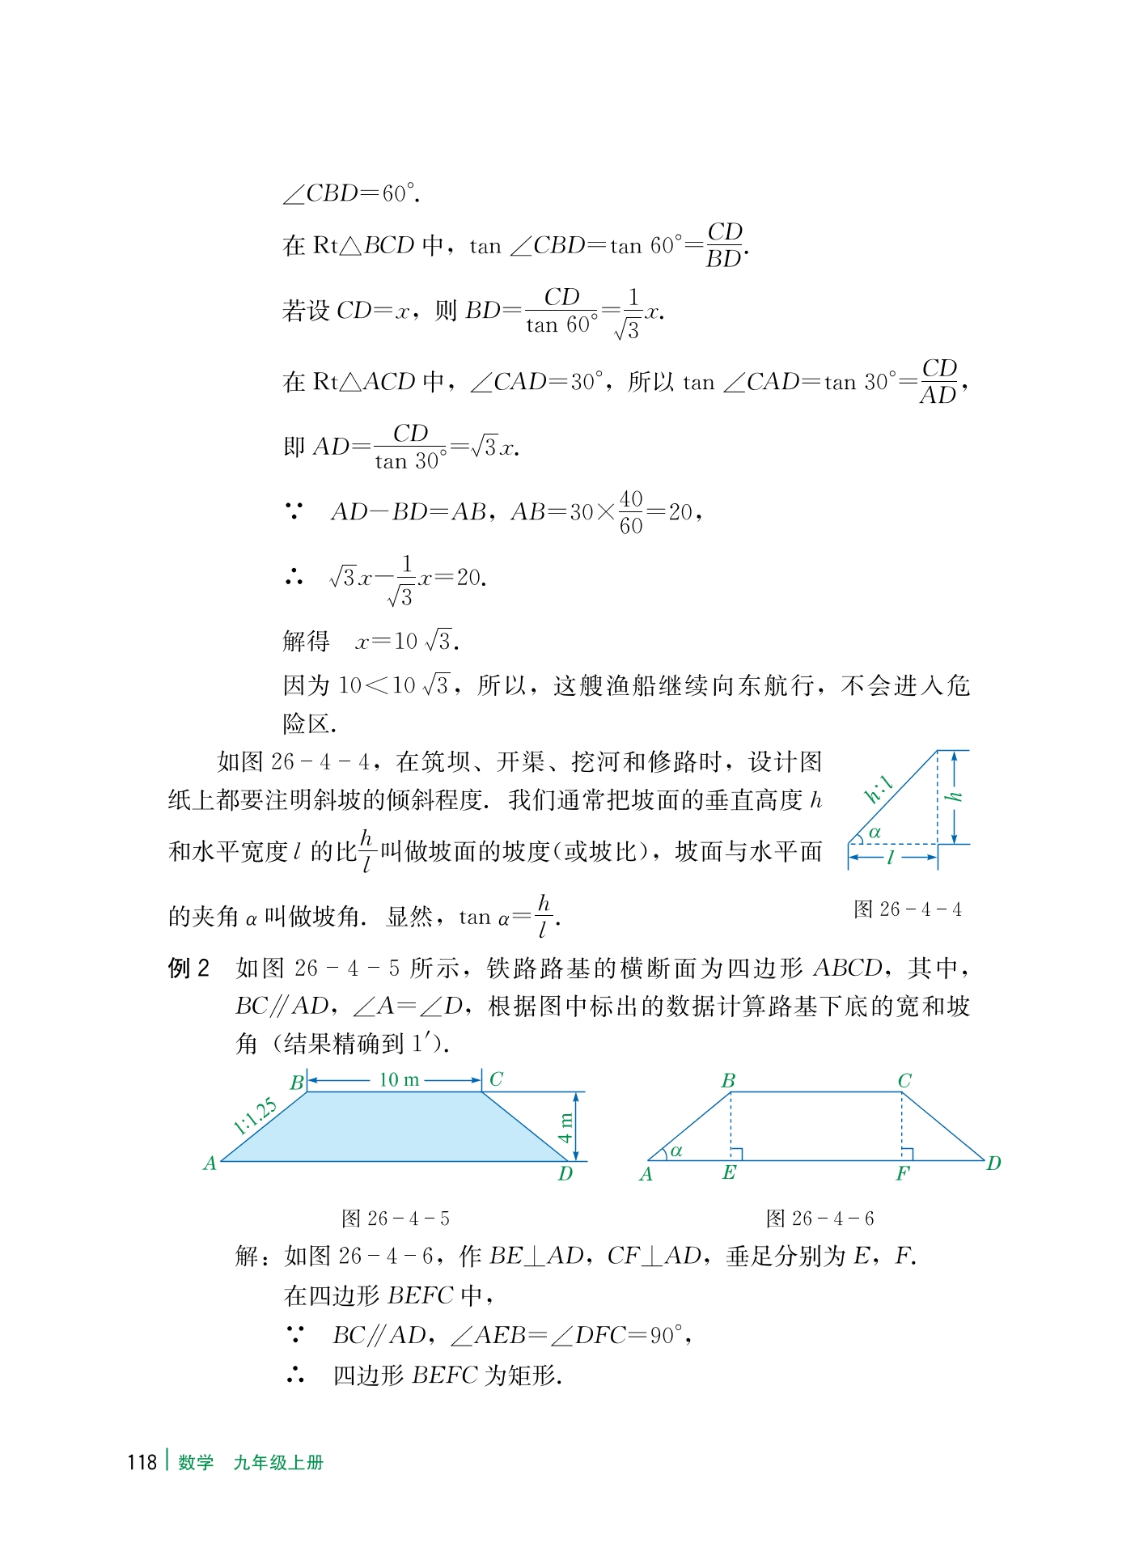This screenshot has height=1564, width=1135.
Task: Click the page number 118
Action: pos(142,1462)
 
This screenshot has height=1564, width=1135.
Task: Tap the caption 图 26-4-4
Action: pos(907,909)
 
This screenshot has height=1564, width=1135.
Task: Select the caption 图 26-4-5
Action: pos(395,1219)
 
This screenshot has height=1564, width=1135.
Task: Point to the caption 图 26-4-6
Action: pos(819,1219)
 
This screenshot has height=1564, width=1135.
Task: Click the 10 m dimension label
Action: pos(399,1079)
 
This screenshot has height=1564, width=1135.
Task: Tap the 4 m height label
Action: pos(565,1127)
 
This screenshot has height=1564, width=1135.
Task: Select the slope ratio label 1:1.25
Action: pos(255,1117)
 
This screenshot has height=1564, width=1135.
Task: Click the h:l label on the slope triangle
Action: pos(879,788)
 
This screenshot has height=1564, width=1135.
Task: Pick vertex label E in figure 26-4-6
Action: pos(729,1173)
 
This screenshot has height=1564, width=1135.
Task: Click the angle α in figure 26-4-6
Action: pos(676,1151)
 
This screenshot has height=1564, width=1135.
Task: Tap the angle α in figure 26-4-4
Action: pos(875,833)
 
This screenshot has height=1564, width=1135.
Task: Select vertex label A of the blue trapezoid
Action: pos(210,1163)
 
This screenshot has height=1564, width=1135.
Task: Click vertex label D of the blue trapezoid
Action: pos(565,1174)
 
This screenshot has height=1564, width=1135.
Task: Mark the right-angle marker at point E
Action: pos(736,1154)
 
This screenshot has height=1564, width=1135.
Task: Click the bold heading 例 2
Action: pos(188,968)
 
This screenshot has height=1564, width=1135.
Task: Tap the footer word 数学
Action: pos(196,1462)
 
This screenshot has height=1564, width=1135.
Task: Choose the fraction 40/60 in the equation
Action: pos(631,512)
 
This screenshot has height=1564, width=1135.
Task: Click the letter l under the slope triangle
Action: pos(891,858)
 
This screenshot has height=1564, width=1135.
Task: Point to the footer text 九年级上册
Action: pos(278,1462)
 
